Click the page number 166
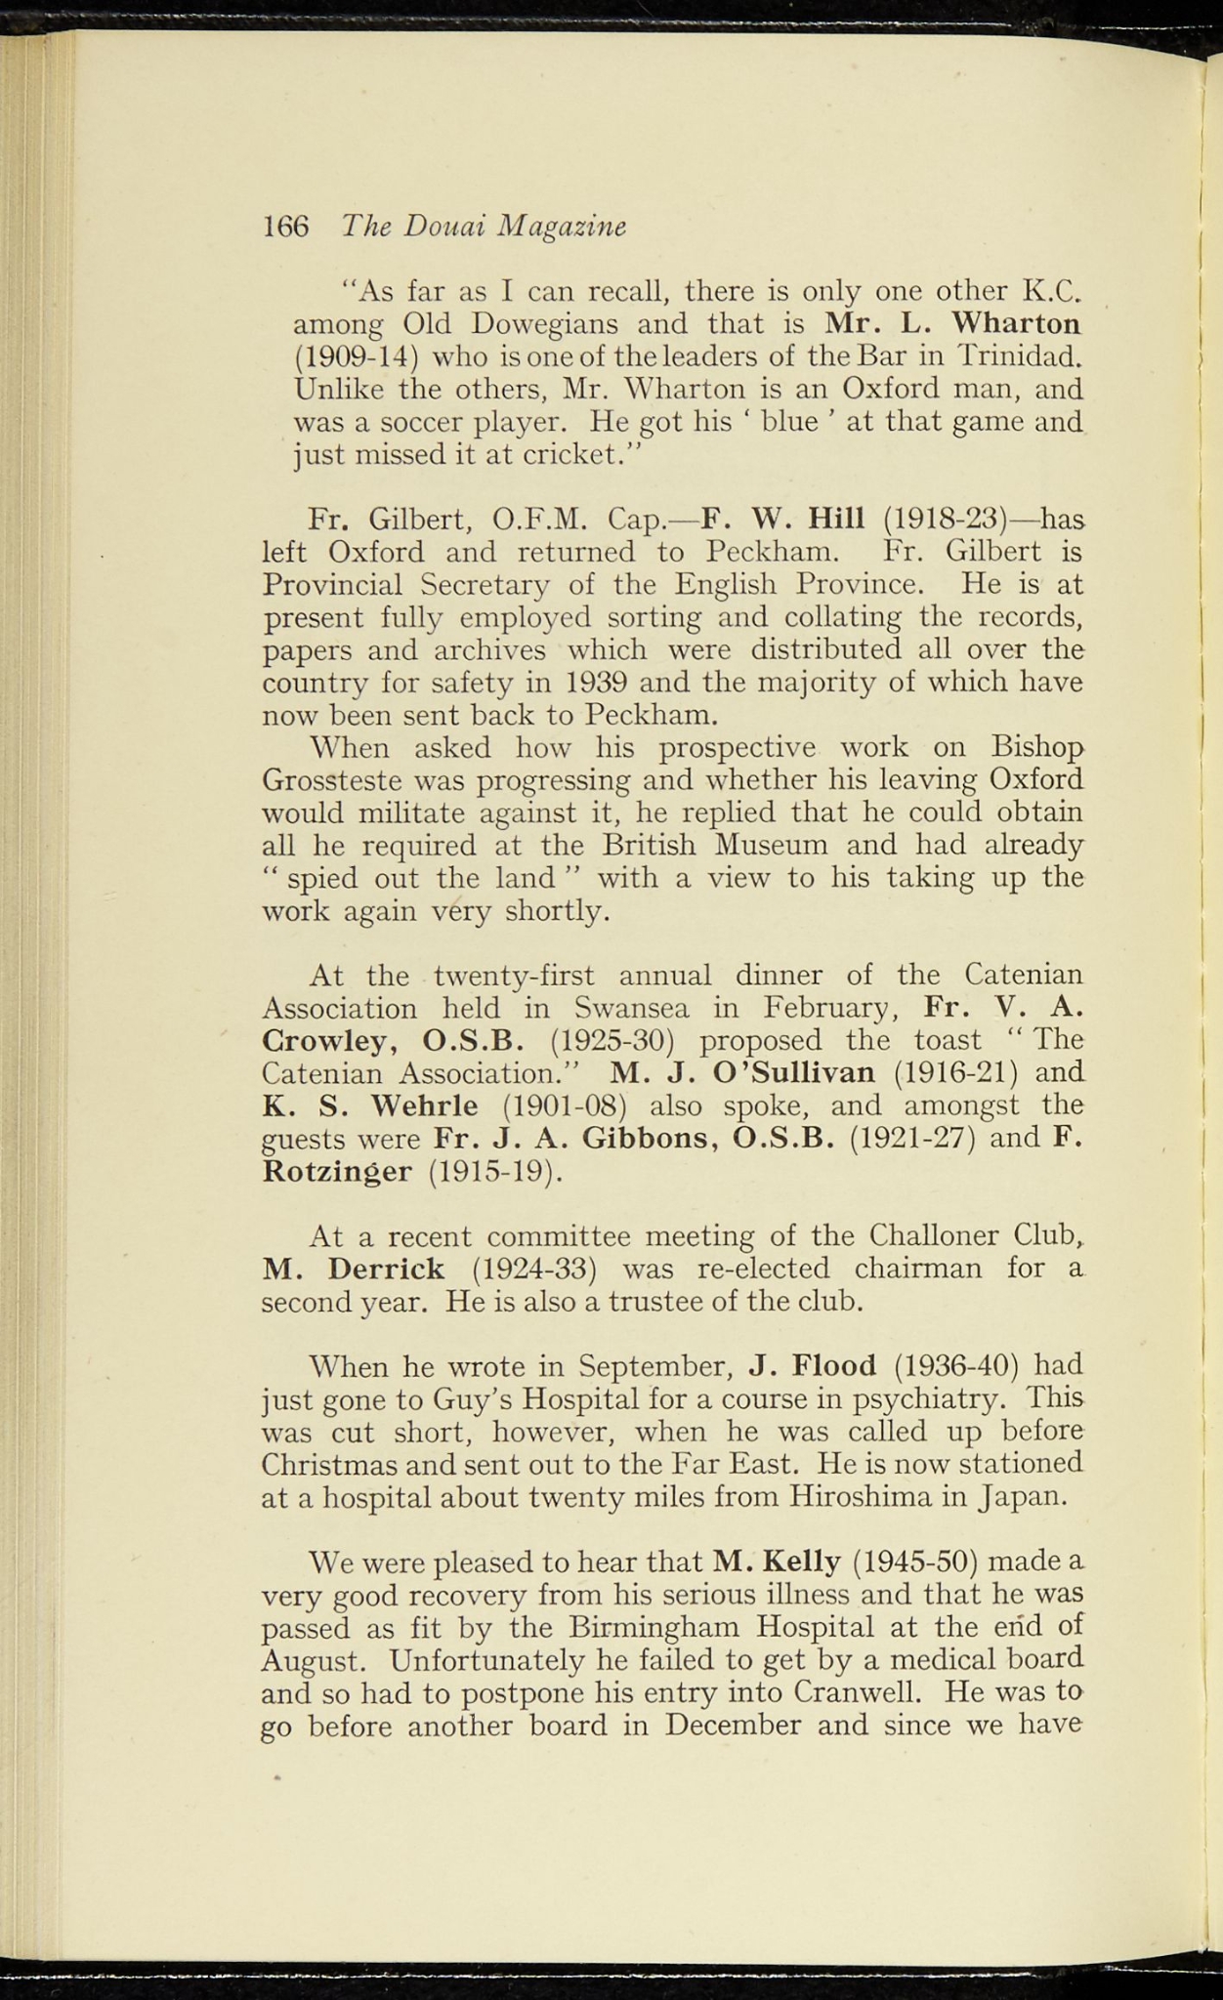coord(285,227)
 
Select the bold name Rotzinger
coord(337,1171)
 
